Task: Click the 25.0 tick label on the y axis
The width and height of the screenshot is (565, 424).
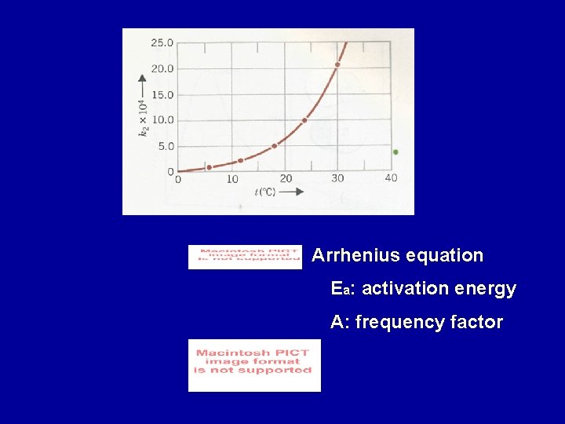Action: click(162, 42)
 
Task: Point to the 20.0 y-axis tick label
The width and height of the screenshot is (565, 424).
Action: click(162, 68)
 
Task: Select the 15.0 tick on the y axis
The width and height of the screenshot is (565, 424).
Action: click(162, 94)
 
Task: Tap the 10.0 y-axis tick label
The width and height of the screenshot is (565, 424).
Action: click(162, 120)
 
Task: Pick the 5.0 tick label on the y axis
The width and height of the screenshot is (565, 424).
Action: click(166, 146)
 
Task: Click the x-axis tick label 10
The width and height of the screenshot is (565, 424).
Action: click(232, 180)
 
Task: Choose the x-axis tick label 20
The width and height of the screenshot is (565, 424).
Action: click(286, 179)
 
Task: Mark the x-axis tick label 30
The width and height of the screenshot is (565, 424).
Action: click(337, 178)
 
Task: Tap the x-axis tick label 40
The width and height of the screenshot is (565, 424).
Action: click(391, 177)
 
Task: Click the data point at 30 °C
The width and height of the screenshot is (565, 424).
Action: click(338, 64)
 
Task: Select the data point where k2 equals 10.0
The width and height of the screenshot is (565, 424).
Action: click(304, 120)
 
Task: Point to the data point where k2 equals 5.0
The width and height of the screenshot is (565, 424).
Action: click(274, 146)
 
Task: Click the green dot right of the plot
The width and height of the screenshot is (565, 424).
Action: click(395, 152)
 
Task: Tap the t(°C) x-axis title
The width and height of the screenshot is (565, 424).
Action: click(264, 192)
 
